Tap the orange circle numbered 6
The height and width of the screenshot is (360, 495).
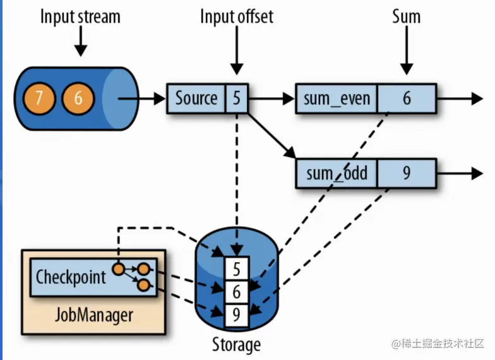[x=77, y=99]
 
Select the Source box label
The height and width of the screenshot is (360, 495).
[x=196, y=99]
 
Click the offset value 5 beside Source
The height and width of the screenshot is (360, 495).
[x=236, y=99]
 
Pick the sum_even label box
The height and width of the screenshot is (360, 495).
[x=336, y=99]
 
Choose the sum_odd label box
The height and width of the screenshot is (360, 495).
[x=336, y=173]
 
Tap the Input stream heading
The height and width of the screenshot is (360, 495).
[x=80, y=16]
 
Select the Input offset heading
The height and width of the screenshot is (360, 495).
[x=237, y=16]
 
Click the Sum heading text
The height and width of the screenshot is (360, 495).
[x=406, y=16]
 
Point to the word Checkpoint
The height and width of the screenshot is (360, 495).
[x=71, y=277]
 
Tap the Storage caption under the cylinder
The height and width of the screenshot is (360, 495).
[x=236, y=345]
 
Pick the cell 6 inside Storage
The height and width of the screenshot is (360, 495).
[x=236, y=292]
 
